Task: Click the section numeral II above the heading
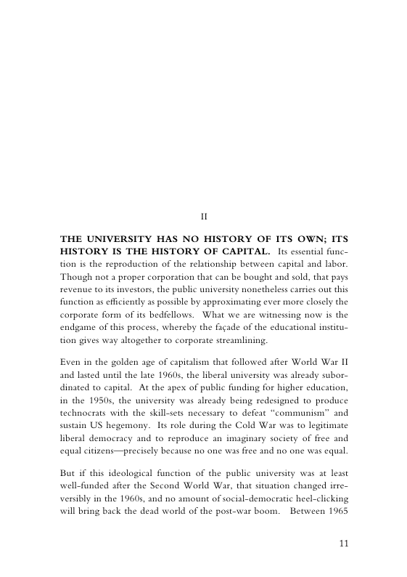(x=204, y=215)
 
